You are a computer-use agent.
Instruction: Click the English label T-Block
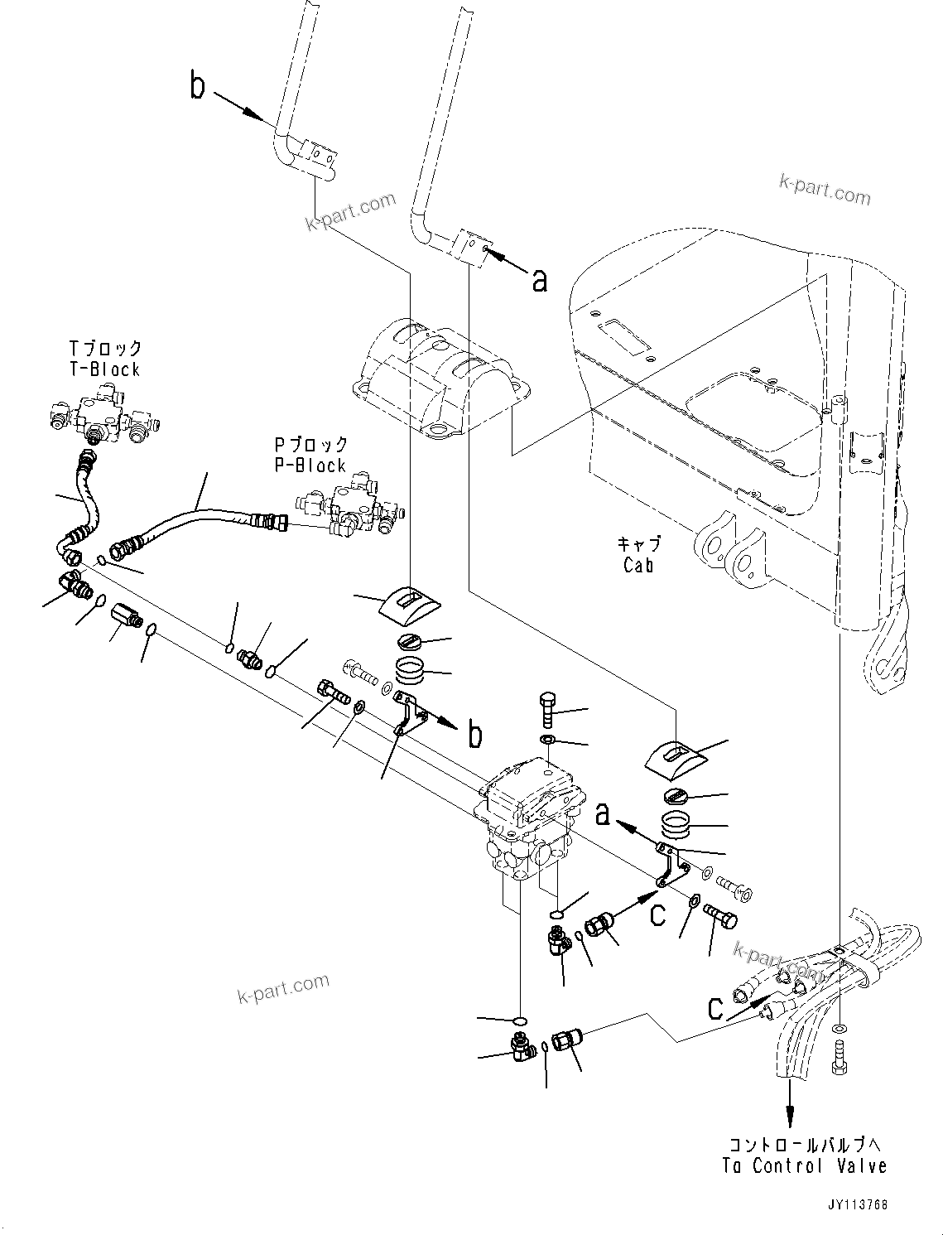click(104, 370)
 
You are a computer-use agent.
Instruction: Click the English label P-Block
click(310, 466)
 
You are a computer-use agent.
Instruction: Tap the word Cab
click(637, 566)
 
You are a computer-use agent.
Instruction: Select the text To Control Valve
click(805, 1166)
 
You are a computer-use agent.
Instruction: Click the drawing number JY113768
click(855, 1204)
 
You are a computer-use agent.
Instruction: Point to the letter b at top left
click(197, 85)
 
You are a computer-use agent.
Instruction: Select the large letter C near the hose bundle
click(716, 1008)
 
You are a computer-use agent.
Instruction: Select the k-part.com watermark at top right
click(825, 190)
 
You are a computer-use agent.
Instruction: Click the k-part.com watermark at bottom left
click(281, 987)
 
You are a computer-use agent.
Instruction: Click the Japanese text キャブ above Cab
click(638, 544)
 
